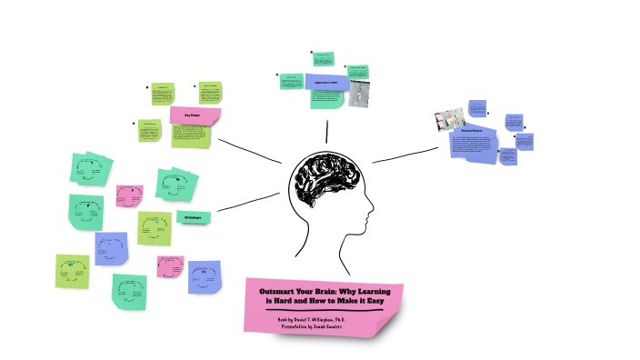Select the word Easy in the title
tap(368, 299)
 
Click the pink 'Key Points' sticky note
tap(195, 115)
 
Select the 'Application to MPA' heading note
tap(325, 83)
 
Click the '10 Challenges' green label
tap(193, 218)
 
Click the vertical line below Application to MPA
tap(326, 127)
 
